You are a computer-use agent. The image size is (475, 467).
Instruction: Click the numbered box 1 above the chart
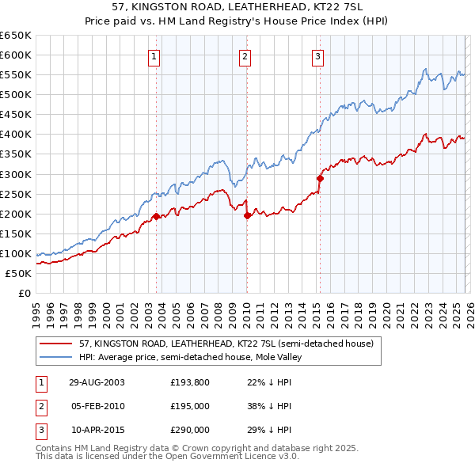153,56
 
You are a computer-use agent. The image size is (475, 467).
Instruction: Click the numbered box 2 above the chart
245,56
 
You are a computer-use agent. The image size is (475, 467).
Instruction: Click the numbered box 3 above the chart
317,56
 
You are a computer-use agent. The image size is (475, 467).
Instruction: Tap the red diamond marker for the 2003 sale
157,216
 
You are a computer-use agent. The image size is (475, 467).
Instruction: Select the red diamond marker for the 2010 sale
247,215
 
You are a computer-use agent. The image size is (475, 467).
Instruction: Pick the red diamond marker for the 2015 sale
320,178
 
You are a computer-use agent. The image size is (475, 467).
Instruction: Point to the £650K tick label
16,36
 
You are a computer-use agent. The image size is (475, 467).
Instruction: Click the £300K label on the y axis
16,174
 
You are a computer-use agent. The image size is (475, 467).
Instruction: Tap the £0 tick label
24,294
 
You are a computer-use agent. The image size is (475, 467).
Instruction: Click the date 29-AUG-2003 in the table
97,382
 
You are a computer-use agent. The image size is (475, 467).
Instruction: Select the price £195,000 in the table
190,406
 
